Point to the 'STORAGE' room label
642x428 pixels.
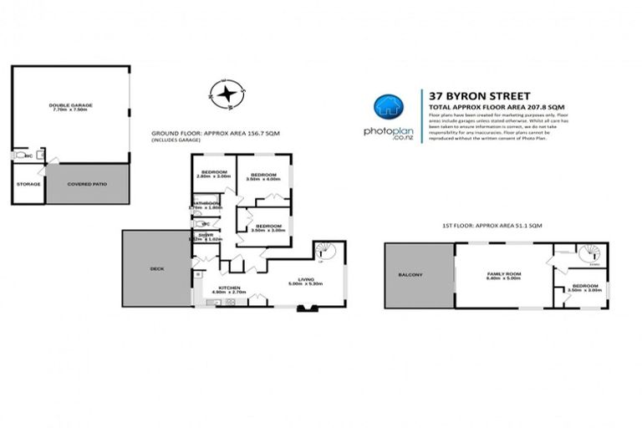pyautogui.click(x=28, y=183)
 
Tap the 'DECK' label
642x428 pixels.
pyautogui.click(x=157, y=270)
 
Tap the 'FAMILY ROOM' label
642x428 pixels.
pyautogui.click(x=505, y=274)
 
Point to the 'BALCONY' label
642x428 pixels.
pyautogui.click(x=411, y=274)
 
